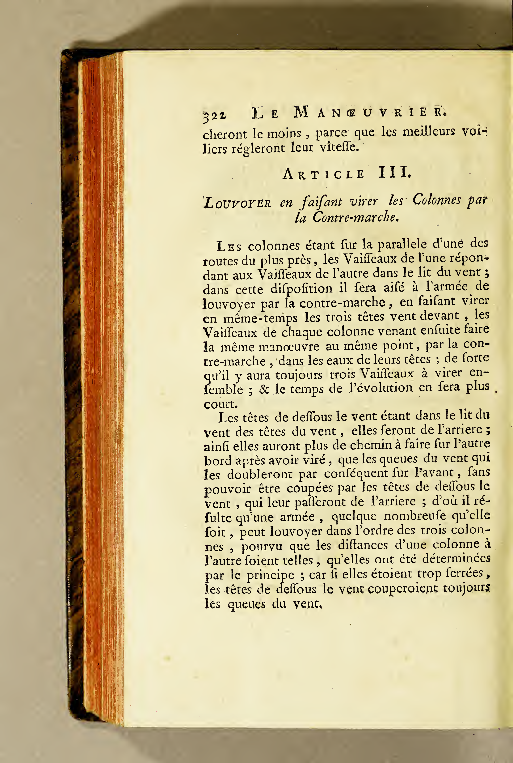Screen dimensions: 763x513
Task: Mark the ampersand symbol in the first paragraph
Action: tap(264, 389)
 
